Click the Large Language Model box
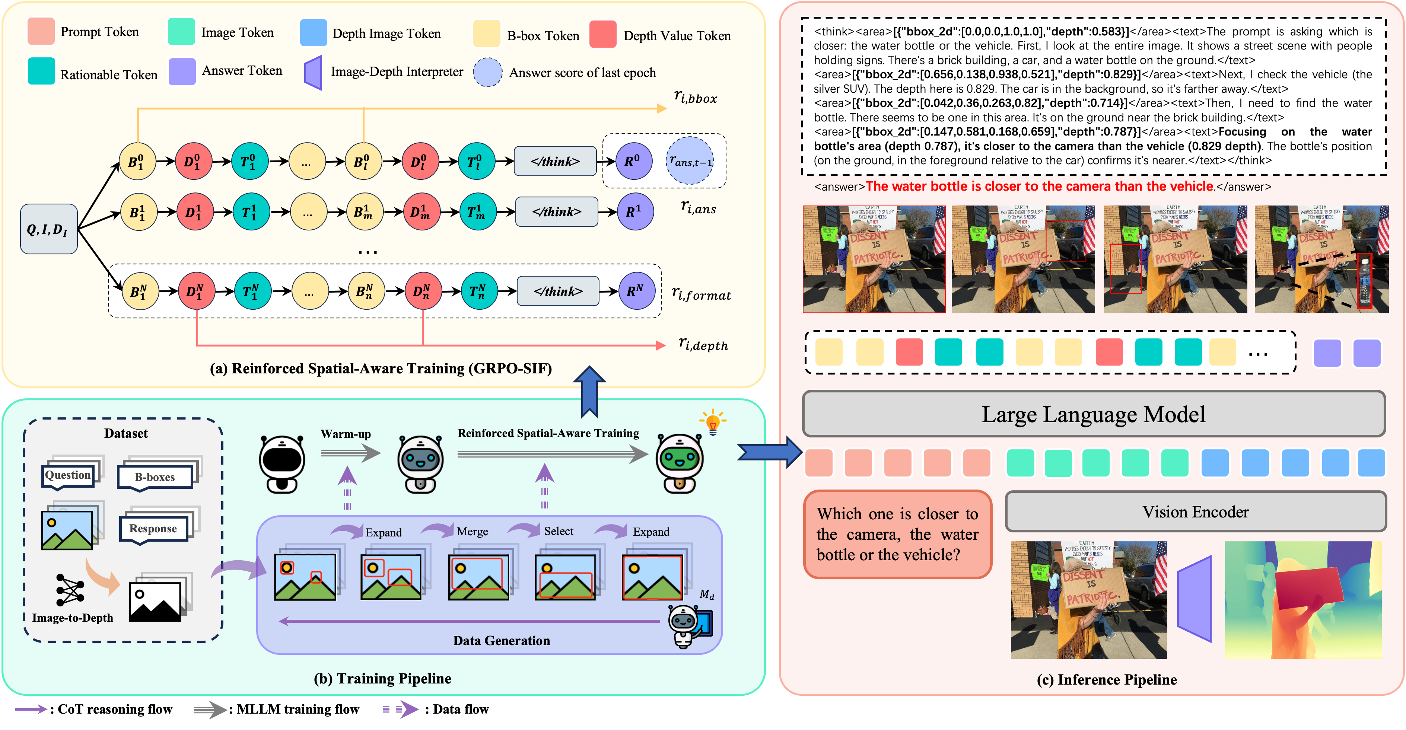tap(1093, 414)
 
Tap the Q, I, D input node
tap(48, 229)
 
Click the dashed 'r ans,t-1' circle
tap(690, 161)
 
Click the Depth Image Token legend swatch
tap(313, 33)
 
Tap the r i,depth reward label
tap(703, 344)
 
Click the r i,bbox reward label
tap(695, 97)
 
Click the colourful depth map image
tap(1303, 600)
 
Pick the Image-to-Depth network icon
tap(70, 590)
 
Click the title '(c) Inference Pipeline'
tap(1106, 679)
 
